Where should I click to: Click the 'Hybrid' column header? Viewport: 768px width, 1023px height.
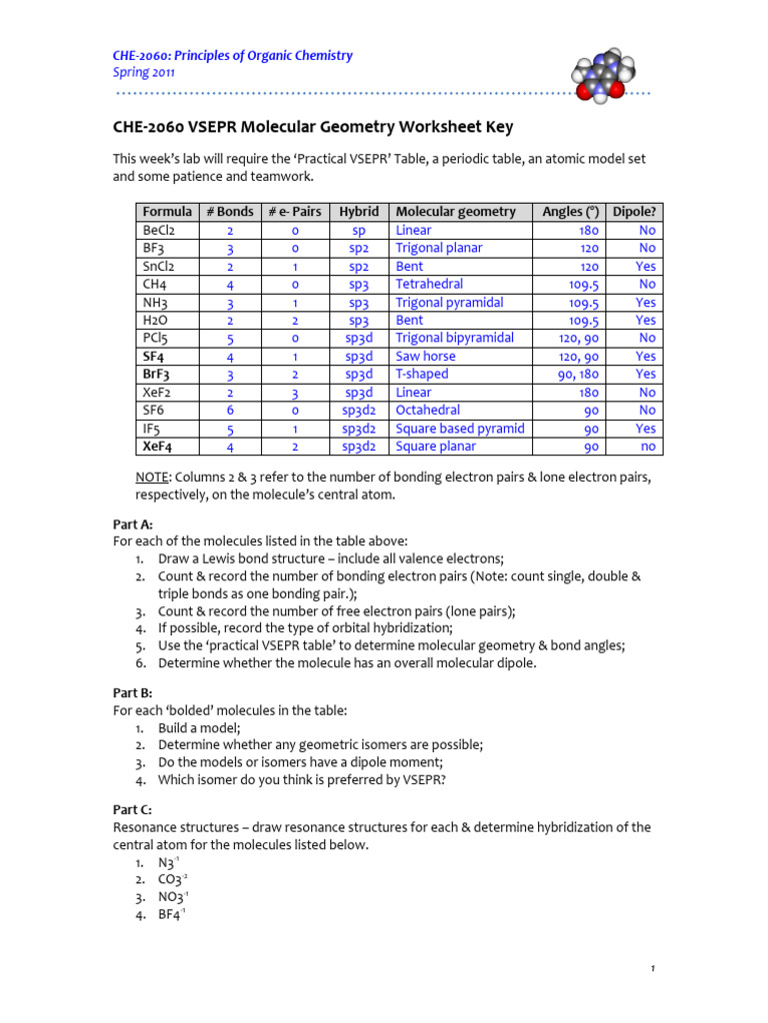358,212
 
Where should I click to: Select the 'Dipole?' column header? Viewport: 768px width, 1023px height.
634,212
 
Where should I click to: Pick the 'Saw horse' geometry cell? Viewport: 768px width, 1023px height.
425,356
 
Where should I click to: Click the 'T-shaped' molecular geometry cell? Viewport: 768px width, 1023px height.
422,374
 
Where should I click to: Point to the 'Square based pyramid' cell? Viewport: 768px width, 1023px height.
460,429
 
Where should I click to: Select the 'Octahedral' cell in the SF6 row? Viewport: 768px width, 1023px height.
427,411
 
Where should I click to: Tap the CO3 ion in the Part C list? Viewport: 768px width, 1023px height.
172,879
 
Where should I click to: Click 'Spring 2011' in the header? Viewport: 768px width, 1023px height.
145,72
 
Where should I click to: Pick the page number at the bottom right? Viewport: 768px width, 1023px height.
652,968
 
